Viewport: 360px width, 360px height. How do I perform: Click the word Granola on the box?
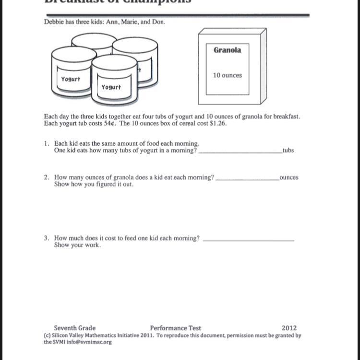tap(228, 50)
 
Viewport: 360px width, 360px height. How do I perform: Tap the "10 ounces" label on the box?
tap(228, 75)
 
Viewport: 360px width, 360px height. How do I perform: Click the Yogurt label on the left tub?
tap(71, 79)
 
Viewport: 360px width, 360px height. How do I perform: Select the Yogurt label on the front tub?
tap(111, 87)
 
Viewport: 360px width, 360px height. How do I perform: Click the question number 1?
tap(46, 143)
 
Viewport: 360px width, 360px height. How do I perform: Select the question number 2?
tap(46, 177)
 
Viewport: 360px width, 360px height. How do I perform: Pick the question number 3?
tap(46, 238)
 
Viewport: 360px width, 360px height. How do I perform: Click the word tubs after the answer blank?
tap(288, 151)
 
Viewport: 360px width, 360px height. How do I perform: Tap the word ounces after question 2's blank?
tap(288, 177)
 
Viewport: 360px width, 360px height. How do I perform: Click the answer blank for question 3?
tap(249, 240)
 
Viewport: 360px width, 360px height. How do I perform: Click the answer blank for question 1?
tap(240, 151)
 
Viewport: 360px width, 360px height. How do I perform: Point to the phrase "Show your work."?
tap(77, 245)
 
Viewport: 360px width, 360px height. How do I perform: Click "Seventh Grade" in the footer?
tap(74, 328)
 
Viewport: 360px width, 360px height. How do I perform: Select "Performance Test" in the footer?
tap(176, 328)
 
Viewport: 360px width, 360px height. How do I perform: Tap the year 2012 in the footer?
tap(289, 328)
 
